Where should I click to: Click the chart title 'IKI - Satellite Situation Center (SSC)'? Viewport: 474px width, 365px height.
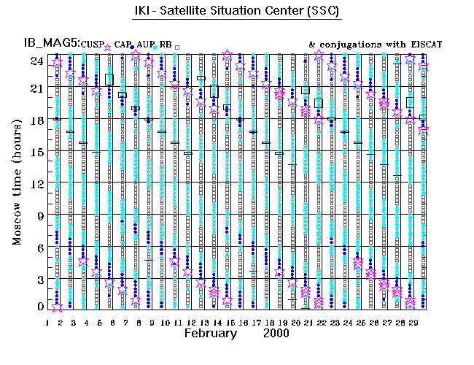(237, 12)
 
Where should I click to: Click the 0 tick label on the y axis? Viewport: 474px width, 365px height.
(41, 307)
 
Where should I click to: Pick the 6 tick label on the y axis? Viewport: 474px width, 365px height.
(41, 247)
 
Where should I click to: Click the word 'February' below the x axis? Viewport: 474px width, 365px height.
(210, 333)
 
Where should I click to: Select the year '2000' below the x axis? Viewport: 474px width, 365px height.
(276, 333)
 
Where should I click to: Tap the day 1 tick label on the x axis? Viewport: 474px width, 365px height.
(48, 321)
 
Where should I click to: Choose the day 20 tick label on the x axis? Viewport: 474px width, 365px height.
(295, 321)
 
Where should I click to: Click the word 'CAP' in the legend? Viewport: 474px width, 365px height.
(122, 45)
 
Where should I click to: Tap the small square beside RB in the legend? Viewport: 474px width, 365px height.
(176, 47)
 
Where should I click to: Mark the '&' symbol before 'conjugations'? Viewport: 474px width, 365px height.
(312, 45)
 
